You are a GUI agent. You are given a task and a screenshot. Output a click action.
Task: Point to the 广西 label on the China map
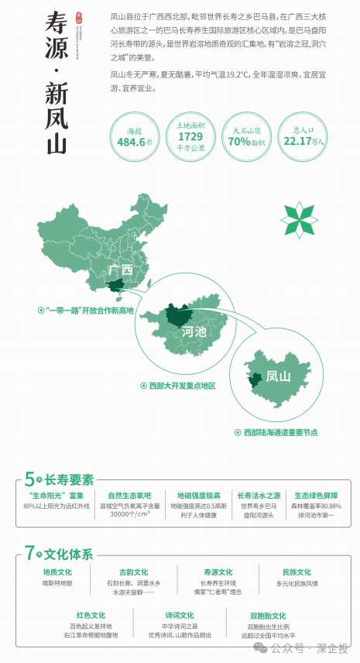click(x=122, y=271)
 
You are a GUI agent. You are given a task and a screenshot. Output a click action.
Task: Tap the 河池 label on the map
click(x=194, y=332)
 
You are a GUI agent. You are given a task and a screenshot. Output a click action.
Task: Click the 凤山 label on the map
click(x=277, y=377)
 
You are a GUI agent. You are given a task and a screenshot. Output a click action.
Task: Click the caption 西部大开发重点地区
click(x=182, y=386)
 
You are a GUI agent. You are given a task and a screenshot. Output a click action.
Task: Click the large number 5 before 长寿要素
click(x=29, y=479)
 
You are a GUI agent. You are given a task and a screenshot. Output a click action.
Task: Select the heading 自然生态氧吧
click(x=130, y=495)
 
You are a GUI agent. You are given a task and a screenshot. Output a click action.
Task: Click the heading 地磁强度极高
click(x=198, y=495)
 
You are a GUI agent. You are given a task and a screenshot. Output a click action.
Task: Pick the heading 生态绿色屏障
click(x=316, y=495)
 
